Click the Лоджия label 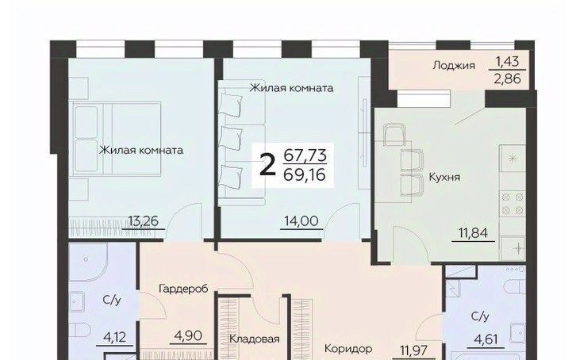tap(454, 66)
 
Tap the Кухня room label tap(444, 178)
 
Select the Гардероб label tap(184, 289)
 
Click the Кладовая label tap(254, 339)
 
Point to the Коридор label tap(348, 349)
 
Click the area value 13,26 tap(144, 221)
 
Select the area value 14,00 tap(301, 221)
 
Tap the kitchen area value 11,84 tap(473, 232)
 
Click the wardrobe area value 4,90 tap(189, 335)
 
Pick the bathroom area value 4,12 tap(114, 337)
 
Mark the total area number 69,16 tap(305, 174)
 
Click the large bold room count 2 tap(267, 165)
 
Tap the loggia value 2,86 tap(507, 79)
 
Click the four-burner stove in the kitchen tap(513, 204)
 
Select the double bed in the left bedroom tap(117, 139)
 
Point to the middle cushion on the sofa tap(231, 138)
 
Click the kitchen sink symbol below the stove tap(513, 248)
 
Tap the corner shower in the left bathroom tap(87, 261)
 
